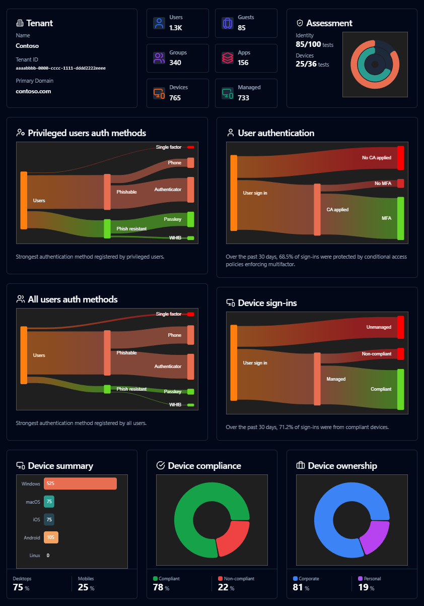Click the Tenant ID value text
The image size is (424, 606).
[x=60, y=68]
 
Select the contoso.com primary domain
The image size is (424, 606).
[x=33, y=91]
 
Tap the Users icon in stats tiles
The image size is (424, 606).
[x=159, y=23]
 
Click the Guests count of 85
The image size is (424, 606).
[x=242, y=28]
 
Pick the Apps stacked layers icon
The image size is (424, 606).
[x=228, y=58]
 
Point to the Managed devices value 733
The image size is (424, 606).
[x=243, y=98]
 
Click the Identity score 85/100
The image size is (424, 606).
[x=308, y=44]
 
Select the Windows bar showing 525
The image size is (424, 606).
[x=80, y=483]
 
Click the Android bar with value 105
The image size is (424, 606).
[x=51, y=537]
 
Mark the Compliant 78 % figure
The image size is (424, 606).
[x=161, y=588]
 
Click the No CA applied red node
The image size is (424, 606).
[x=400, y=158]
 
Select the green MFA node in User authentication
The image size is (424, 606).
[x=400, y=218]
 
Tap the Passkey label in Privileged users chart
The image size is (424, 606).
[x=172, y=219]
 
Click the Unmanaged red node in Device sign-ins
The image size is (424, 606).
[x=400, y=327]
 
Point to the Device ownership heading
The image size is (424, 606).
[x=342, y=466]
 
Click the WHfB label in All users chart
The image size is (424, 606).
[x=175, y=405]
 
